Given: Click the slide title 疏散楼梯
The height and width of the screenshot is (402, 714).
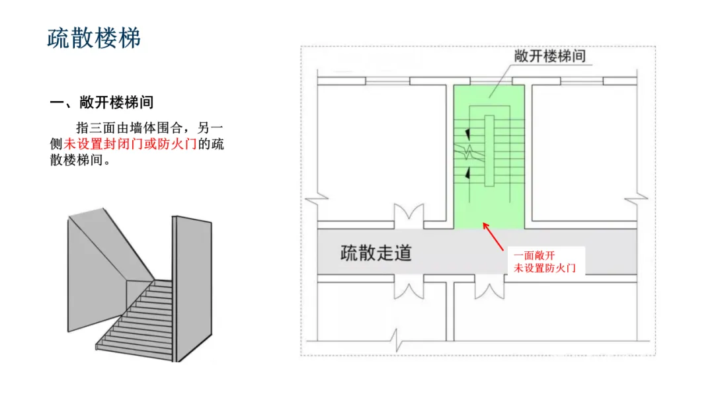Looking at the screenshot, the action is (x=95, y=38).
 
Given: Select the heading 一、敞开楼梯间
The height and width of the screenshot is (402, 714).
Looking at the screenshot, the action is (x=102, y=102).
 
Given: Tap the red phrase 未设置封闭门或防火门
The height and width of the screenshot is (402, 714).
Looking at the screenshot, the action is (x=130, y=143).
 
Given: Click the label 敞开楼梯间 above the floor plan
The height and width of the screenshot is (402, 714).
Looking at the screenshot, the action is (x=550, y=56).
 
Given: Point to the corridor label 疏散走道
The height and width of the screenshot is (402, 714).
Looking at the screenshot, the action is (x=376, y=252).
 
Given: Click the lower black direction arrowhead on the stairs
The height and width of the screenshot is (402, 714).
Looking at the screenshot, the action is (x=469, y=174).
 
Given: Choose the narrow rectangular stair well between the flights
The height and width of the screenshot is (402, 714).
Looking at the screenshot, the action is (x=489, y=150).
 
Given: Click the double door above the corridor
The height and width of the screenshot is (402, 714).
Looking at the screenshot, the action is (x=408, y=217).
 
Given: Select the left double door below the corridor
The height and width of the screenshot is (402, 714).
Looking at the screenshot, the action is (x=408, y=289).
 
